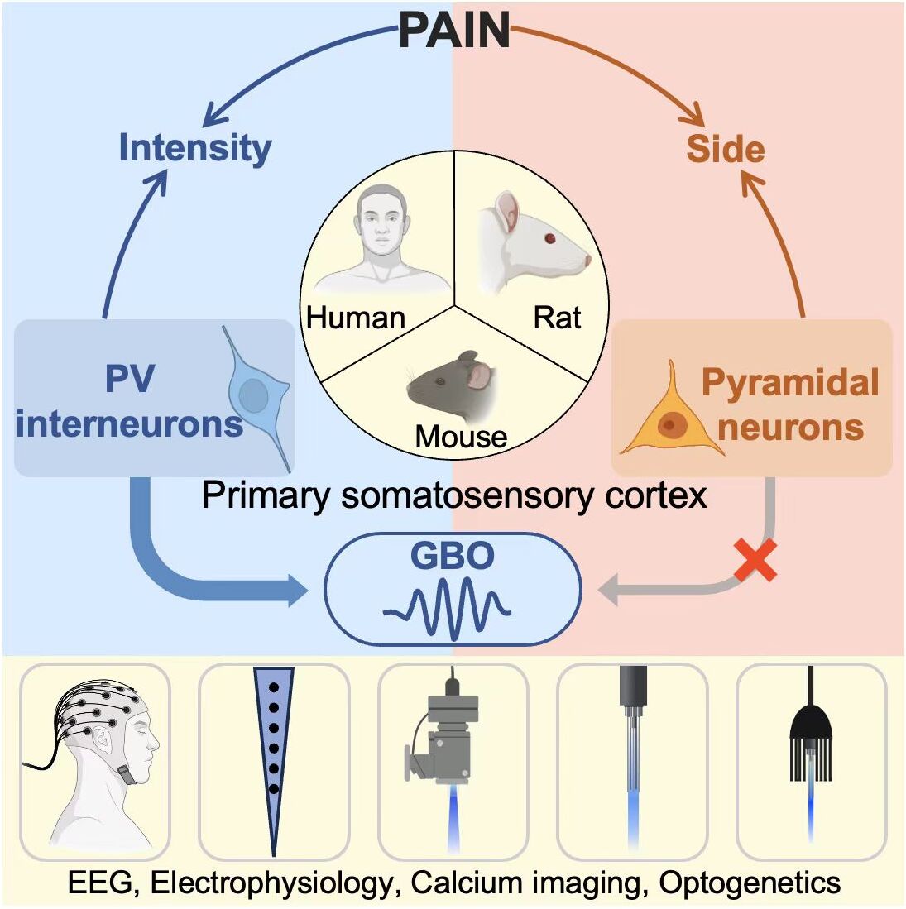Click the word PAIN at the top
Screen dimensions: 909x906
[454, 31]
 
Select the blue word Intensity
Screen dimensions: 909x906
[194, 148]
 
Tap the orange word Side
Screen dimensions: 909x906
[726, 149]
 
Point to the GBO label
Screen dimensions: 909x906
[453, 555]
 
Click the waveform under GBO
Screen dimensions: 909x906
[448, 610]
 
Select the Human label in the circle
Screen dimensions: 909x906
[356, 318]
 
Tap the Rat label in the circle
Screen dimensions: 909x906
[557, 318]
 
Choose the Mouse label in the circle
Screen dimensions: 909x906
[461, 436]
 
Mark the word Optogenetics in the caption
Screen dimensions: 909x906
[750, 883]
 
